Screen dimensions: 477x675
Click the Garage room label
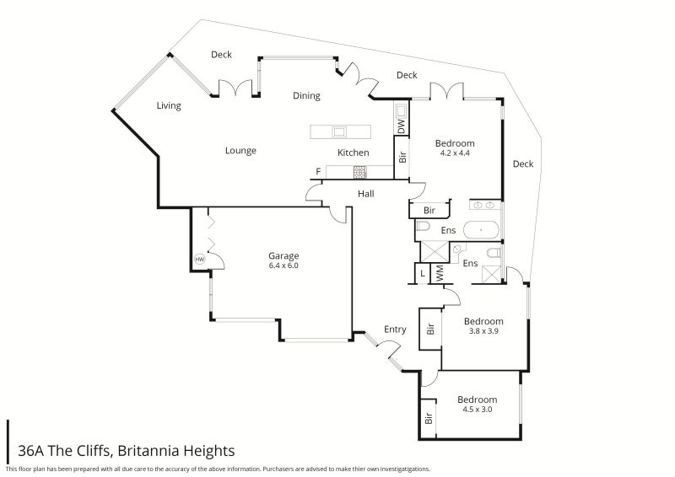point(283,256)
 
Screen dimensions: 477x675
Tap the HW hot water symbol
point(200,260)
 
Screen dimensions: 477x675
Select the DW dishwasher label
point(401,125)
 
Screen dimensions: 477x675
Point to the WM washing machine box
point(439,274)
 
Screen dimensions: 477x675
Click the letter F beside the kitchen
point(318,172)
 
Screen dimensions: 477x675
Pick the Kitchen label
point(353,153)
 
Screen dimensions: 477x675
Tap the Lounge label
point(240,151)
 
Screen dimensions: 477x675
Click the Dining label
point(306,96)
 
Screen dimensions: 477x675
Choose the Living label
point(169,106)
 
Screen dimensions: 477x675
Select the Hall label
point(365,194)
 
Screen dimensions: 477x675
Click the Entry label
point(395,330)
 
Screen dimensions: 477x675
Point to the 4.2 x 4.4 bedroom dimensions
point(454,153)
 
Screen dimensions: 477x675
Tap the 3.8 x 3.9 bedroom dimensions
point(483,331)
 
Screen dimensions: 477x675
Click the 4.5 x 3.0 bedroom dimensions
point(477,410)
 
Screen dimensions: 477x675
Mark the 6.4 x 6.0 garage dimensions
point(283,266)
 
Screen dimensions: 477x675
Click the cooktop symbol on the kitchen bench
point(359,172)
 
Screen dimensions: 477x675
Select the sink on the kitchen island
point(339,131)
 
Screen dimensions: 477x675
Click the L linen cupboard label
point(421,274)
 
